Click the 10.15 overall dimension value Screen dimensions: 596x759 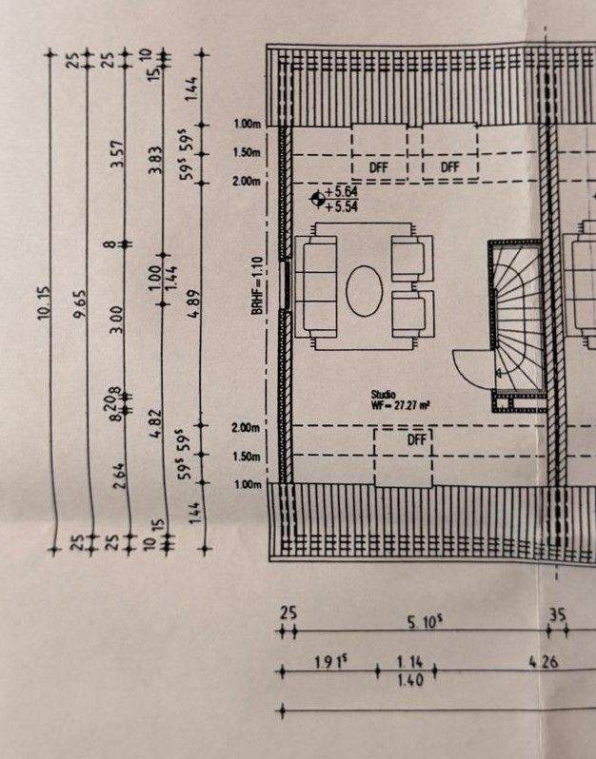click(44, 302)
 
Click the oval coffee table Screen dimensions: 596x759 click(364, 291)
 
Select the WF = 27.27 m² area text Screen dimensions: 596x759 click(401, 405)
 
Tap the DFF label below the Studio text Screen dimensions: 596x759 click(417, 440)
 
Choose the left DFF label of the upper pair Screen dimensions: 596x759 click(379, 166)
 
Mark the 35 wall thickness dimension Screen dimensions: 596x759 click(558, 614)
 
